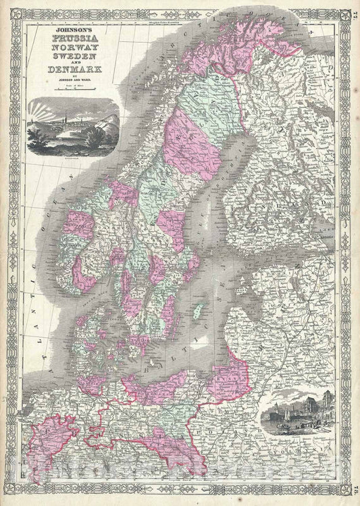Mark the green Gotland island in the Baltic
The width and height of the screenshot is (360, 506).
point(197,311)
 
